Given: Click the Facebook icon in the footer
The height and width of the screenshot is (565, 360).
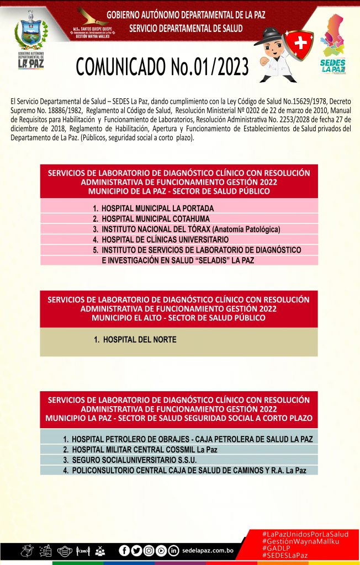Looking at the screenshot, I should point(124,550).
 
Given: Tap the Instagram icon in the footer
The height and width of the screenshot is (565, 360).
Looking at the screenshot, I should point(149,550).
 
